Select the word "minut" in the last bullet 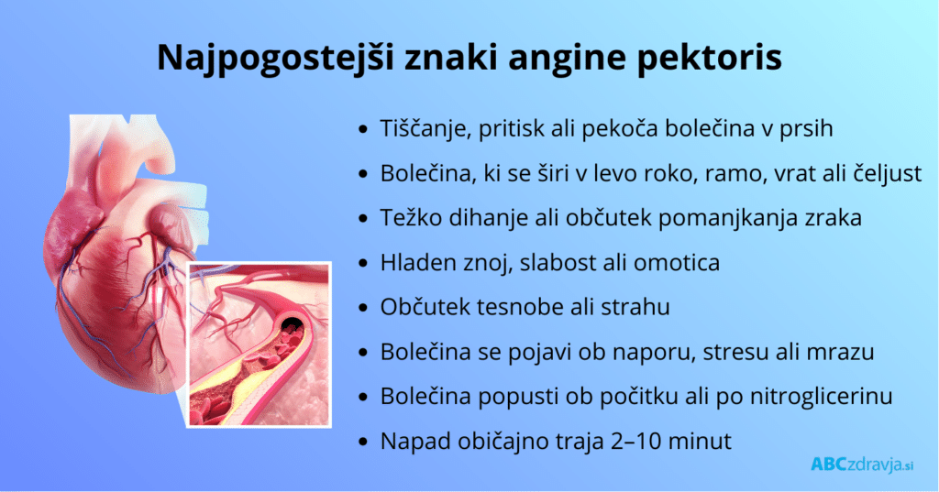click(x=701, y=441)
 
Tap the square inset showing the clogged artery click(x=259, y=344)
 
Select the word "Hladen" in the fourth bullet click(x=413, y=263)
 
